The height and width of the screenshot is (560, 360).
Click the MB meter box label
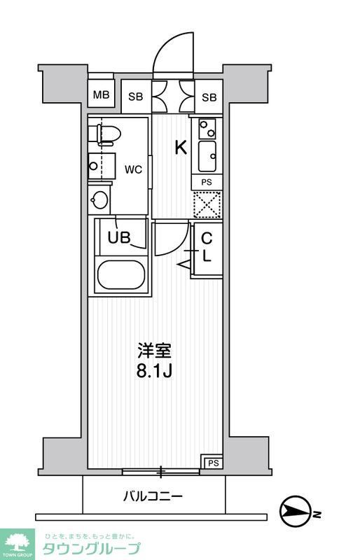coord(102,96)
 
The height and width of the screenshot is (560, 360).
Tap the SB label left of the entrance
coord(136,97)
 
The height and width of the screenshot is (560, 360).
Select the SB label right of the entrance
coord(209,97)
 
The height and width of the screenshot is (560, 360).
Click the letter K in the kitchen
coord(180,148)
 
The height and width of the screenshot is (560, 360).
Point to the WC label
coord(134,169)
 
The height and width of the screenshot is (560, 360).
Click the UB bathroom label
coord(119,237)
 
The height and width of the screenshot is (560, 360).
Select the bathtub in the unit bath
coord(121,274)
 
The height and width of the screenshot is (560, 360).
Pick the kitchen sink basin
coord(208,155)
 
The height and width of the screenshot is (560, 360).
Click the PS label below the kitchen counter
coord(207,181)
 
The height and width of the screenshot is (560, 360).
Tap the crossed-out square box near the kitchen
coord(207,204)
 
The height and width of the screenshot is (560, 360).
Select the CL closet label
coord(207,247)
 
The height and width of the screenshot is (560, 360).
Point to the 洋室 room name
coord(154,349)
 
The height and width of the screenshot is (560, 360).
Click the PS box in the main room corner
coord(212,462)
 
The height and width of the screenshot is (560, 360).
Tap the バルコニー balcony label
coord(153,497)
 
